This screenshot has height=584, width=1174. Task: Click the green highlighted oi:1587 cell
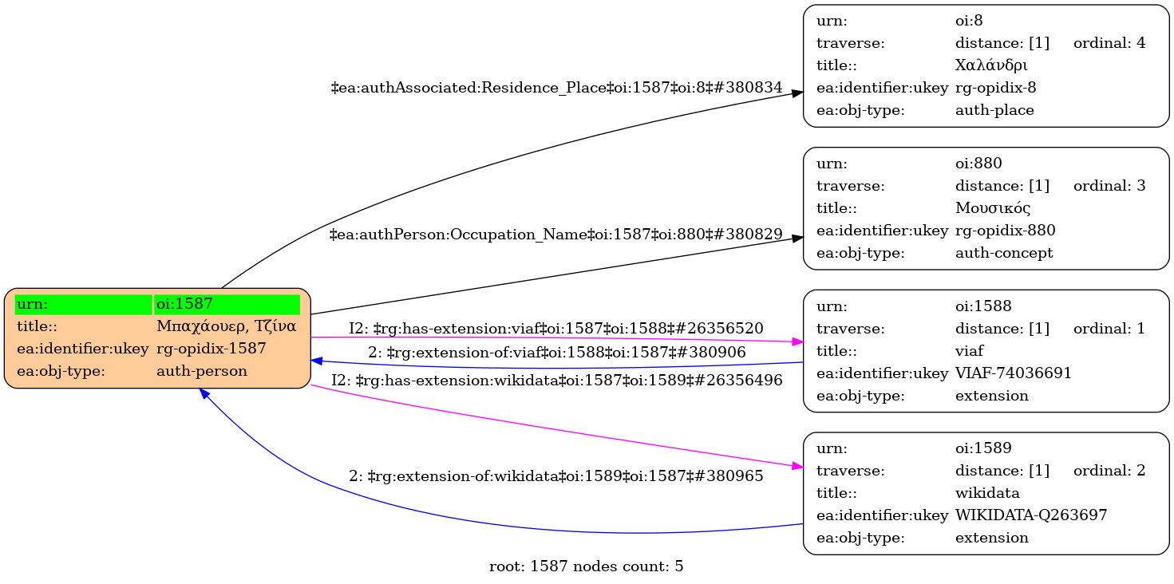pos(227,304)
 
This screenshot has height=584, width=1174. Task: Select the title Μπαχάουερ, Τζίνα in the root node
pos(227,326)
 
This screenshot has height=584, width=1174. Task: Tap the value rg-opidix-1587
pos(211,349)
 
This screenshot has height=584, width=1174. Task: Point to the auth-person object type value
pos(202,371)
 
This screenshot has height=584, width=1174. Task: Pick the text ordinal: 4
pos(1109,43)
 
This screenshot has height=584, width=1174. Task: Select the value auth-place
pos(994,110)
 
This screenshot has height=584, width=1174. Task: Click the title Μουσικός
pos(993,208)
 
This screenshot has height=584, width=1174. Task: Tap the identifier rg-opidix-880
pos(1005,231)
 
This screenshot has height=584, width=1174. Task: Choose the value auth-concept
pos(1004,253)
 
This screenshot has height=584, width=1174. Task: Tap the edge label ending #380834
pos(556,88)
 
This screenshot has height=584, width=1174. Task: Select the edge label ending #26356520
pos(555,328)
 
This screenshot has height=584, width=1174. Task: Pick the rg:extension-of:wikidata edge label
pos(555,476)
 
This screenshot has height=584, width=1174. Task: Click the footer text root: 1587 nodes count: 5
pos(586,567)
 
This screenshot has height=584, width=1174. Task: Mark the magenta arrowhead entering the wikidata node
pos(797,466)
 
